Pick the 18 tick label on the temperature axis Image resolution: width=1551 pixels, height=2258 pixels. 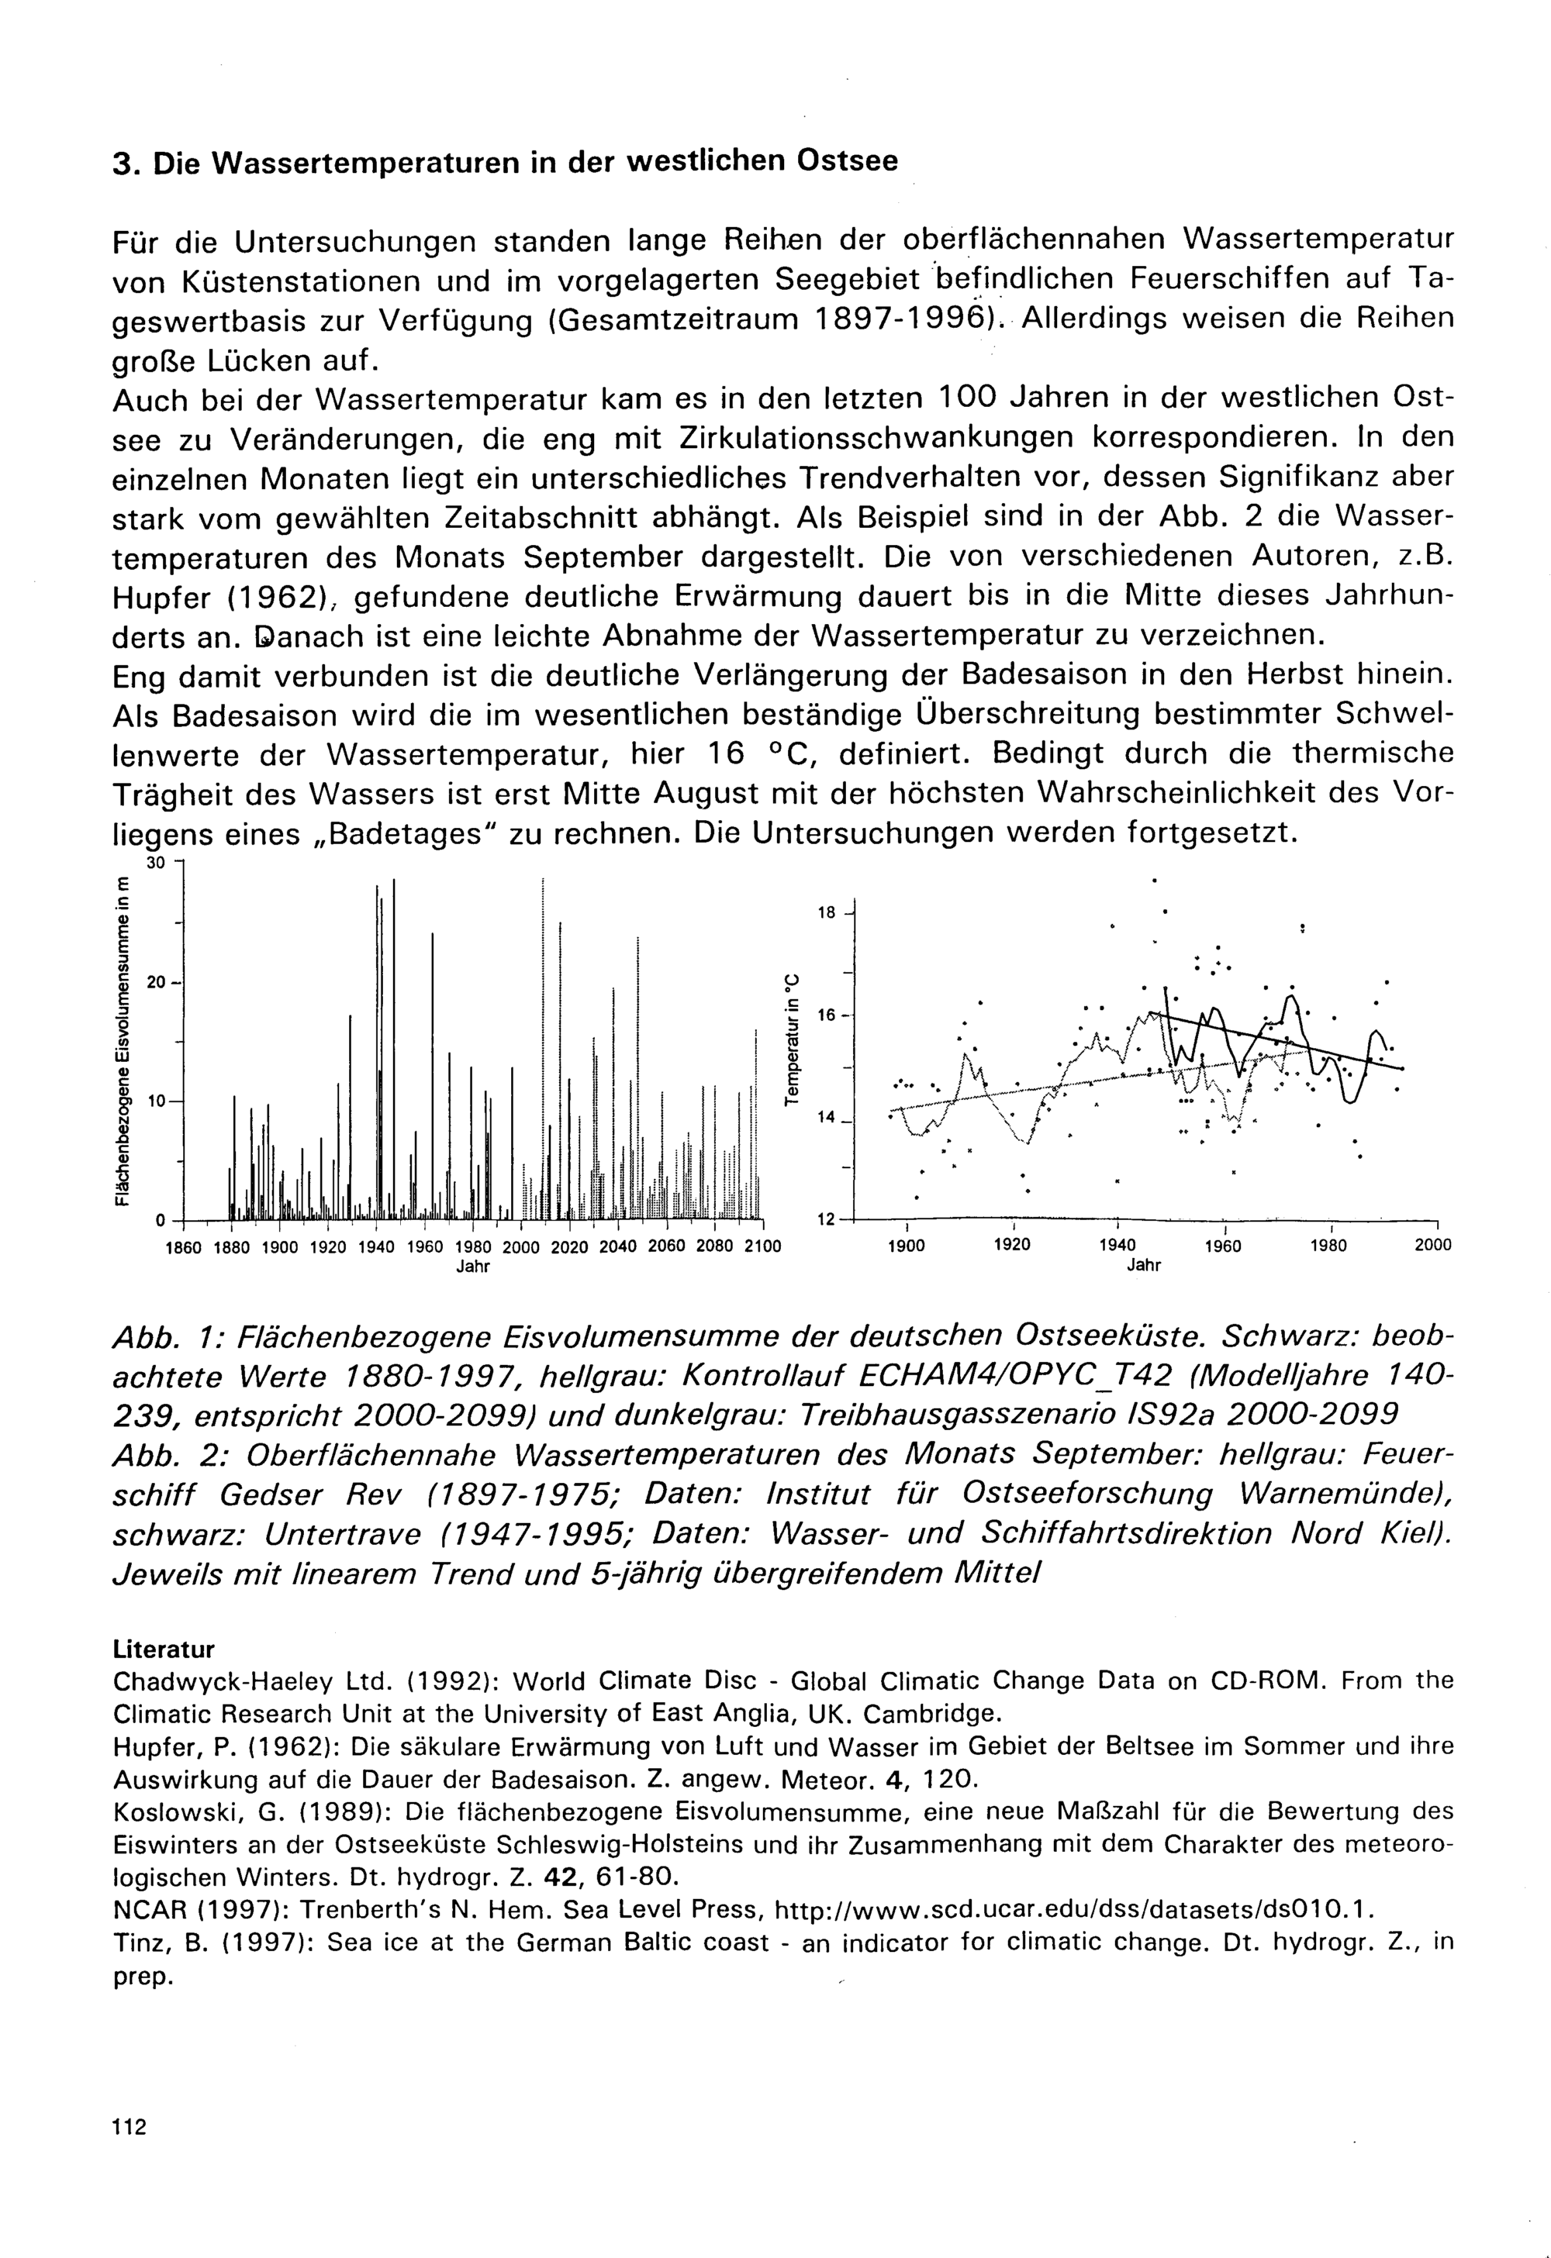tap(827, 913)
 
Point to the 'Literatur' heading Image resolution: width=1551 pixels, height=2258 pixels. tap(164, 1650)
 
